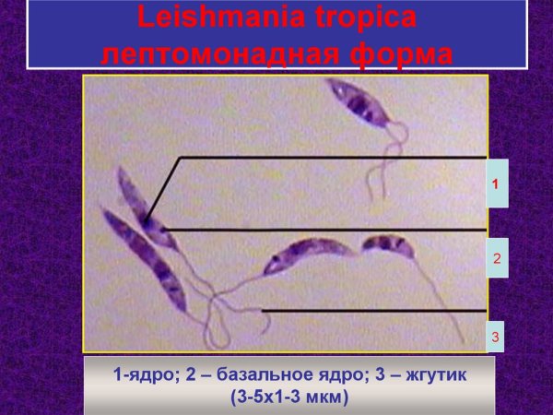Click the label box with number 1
[496, 184]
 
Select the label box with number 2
[496, 258]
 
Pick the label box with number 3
[496, 338]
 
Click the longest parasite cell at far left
[146, 258]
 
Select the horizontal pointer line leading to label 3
[369, 311]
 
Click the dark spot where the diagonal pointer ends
[148, 221]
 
